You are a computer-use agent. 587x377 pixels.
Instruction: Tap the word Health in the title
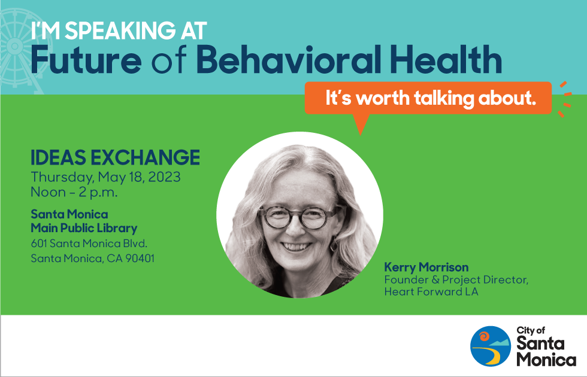[446, 60]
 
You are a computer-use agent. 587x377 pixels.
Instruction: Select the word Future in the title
[86, 60]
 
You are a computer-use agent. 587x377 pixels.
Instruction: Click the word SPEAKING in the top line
[120, 31]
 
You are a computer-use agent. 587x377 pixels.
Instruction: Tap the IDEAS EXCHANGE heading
[115, 157]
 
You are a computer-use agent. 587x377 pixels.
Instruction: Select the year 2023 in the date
[165, 177]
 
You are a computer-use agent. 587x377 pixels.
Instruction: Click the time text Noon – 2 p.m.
[74, 192]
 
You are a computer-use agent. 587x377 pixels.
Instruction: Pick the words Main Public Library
[84, 228]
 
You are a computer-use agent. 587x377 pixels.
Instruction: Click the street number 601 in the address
[39, 244]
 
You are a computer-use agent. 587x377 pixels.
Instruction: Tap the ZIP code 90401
[140, 259]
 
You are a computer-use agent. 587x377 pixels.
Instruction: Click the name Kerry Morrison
[426, 267]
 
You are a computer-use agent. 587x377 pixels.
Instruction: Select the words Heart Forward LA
[431, 292]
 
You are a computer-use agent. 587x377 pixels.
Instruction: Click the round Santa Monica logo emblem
[491, 346]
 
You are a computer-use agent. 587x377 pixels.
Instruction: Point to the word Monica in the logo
[546, 360]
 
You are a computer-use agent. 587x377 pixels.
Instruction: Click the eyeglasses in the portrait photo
[299, 217]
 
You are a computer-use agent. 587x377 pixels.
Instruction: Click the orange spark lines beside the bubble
[565, 99]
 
